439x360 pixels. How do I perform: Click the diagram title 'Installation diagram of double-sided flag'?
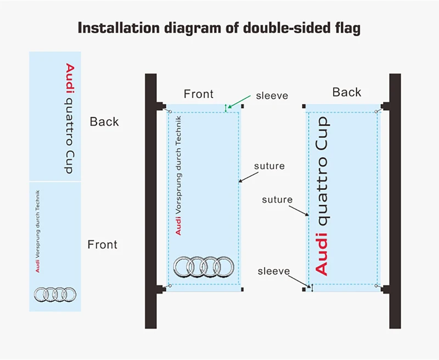pyautogui.click(x=219, y=29)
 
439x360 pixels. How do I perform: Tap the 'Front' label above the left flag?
pyautogui.click(x=198, y=94)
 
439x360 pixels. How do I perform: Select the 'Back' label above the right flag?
pyautogui.click(x=346, y=92)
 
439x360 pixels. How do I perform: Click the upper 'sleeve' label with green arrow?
pyautogui.click(x=272, y=96)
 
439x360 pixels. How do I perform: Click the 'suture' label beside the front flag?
pyautogui.click(x=269, y=166)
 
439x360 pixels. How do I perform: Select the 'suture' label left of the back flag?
pyautogui.click(x=277, y=200)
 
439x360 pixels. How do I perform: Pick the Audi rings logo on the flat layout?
pyautogui.click(x=55, y=295)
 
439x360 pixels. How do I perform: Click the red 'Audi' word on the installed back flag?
pyautogui.click(x=322, y=253)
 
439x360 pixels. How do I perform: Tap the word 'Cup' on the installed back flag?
pyautogui.click(x=322, y=135)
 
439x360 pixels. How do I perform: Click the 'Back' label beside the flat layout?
pyautogui.click(x=104, y=121)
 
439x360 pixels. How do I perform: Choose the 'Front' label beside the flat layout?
pyautogui.click(x=103, y=244)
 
